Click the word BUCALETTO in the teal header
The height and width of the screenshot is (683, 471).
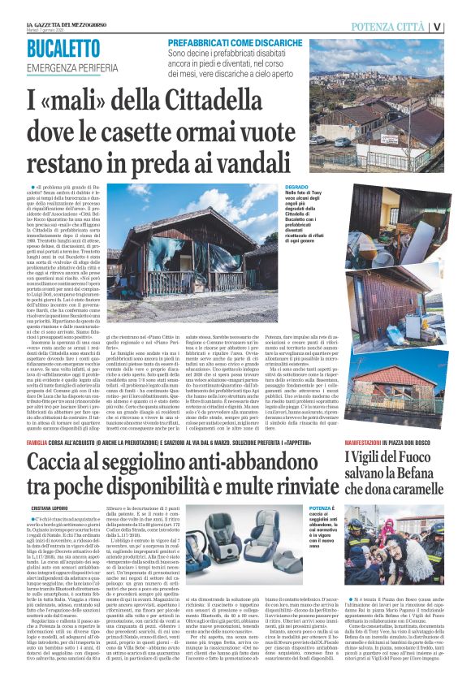[x=68, y=49]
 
